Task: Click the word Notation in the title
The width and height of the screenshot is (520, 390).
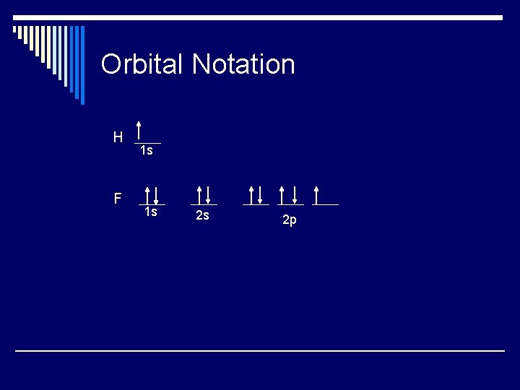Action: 243,64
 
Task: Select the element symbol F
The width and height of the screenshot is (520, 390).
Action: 117,198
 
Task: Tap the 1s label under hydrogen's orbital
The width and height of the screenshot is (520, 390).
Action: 146,150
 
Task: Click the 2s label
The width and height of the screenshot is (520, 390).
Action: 202,215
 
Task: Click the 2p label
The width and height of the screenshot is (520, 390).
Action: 289,220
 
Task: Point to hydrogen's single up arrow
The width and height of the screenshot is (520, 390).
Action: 139,131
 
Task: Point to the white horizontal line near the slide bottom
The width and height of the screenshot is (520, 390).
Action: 260,351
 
